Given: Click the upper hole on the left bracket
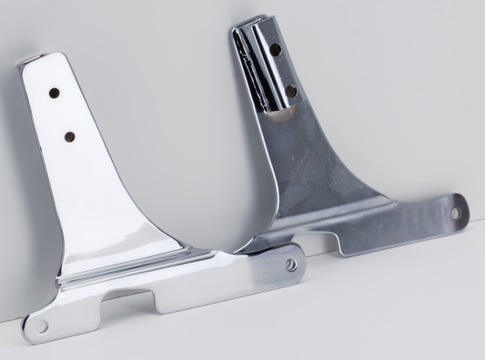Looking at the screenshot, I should point(55,93).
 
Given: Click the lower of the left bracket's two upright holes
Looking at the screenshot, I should point(69,136).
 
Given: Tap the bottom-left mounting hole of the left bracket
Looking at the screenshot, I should point(41,325).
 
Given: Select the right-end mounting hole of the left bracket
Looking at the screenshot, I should point(290,265).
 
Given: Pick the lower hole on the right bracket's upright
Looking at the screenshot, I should point(290,91).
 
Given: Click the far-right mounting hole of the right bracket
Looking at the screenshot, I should point(456,213).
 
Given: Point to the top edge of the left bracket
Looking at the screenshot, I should point(41,58).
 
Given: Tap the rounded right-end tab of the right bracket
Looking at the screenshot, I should point(460,211).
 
